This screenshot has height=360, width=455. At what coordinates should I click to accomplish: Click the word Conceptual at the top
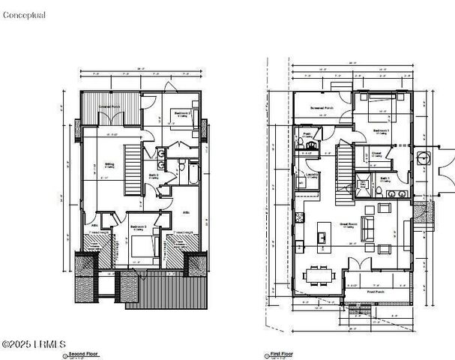coord(24,14)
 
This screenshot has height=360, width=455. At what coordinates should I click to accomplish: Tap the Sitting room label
coord(109,164)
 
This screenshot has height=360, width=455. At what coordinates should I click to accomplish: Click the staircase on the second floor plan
coord(132,168)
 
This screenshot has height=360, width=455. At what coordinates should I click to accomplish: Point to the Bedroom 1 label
coord(382,130)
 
